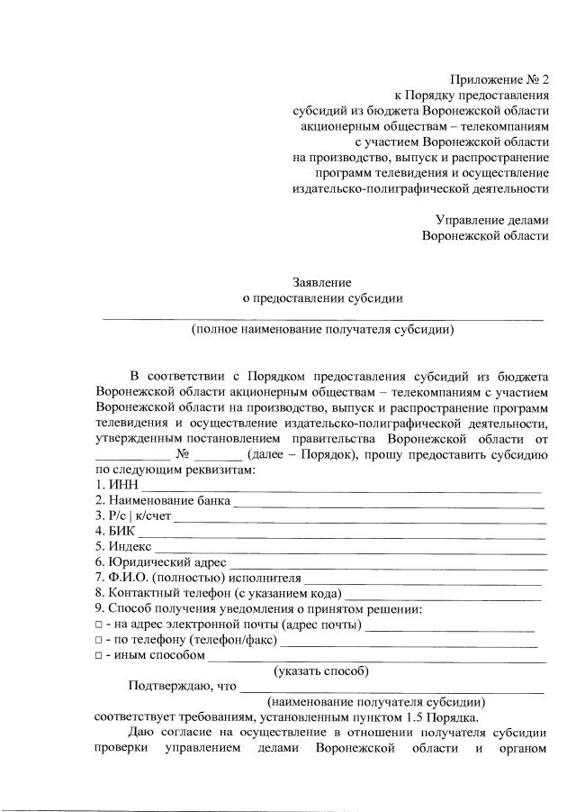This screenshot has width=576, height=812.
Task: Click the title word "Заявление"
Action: click(321, 282)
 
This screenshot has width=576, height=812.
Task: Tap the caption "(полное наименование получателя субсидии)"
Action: click(322, 329)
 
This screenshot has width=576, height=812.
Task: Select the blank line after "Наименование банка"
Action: click(388, 502)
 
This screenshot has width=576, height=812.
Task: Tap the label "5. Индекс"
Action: click(124, 547)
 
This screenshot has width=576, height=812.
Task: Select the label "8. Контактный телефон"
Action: click(163, 593)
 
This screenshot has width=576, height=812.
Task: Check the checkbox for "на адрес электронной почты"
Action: click(98, 625)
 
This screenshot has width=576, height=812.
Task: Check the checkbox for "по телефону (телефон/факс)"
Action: click(98, 640)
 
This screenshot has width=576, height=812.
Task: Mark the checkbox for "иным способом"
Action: click(98, 655)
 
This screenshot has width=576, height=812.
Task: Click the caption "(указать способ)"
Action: click(321, 671)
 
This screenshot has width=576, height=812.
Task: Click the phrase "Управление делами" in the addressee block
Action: click(491, 219)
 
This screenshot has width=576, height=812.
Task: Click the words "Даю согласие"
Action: click(168, 734)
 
